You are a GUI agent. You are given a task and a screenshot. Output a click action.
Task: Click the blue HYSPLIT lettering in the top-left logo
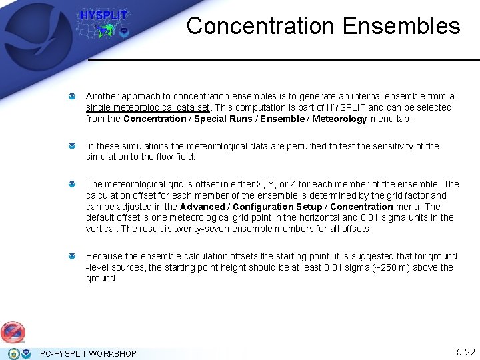click(103, 15)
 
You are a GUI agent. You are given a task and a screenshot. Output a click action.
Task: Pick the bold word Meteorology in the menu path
click(333, 119)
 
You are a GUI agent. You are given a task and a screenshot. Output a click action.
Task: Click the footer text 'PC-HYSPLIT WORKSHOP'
click(88, 353)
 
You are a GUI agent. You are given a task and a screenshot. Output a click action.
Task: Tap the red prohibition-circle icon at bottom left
click(13, 331)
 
